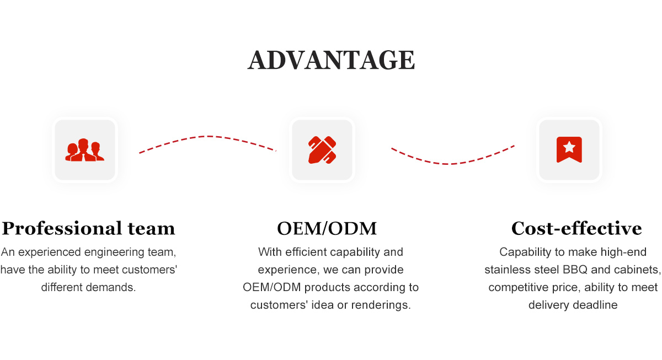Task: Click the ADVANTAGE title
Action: (332, 60)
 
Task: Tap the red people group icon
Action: (84, 150)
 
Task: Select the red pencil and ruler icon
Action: (322, 150)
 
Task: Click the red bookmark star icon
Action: (569, 149)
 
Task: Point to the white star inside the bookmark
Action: (569, 147)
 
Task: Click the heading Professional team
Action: (88, 228)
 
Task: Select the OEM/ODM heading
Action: (327, 228)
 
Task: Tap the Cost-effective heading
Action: (576, 228)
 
